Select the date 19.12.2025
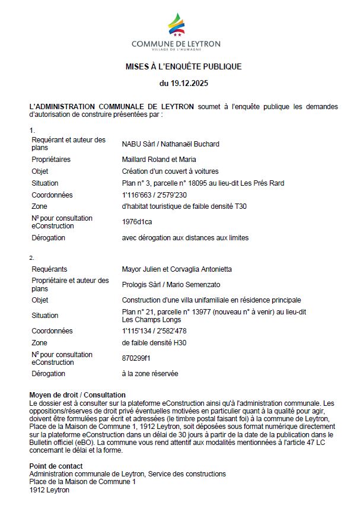pos(184,84)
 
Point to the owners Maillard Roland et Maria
pos(159,159)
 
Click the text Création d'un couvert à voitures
pos(167,171)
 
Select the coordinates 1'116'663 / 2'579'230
pos(154,195)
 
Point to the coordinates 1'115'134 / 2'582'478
pos(154,331)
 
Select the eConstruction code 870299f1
pos(136,358)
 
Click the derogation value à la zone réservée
pos(150,374)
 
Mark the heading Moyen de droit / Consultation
pos(77,395)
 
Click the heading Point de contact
pos(56,466)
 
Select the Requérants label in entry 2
pos(49,269)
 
